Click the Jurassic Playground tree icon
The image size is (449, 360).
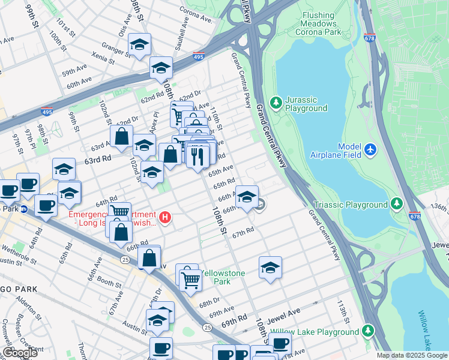(276, 103)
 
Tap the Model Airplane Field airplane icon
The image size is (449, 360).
(370, 148)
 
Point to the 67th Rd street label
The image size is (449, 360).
(244, 232)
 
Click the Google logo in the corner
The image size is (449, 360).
(20, 353)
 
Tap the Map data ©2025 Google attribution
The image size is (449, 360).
(411, 355)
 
